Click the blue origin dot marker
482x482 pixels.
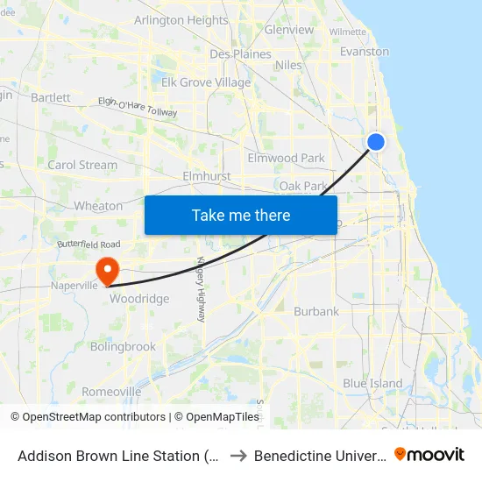click(x=376, y=142)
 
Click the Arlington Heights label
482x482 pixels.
click(x=181, y=20)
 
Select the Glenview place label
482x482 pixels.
click(x=288, y=30)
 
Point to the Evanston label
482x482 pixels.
click(x=364, y=52)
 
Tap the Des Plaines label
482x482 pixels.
click(x=240, y=54)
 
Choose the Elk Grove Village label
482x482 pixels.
click(x=205, y=83)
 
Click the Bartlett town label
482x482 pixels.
click(x=50, y=98)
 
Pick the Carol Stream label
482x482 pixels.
click(x=82, y=165)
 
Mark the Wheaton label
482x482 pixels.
click(x=98, y=206)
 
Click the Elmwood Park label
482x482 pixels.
click(x=286, y=159)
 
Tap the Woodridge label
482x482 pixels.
click(x=139, y=299)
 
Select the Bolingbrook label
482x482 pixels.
click(x=123, y=347)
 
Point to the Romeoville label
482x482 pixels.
click(x=111, y=392)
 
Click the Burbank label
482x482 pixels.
click(x=315, y=311)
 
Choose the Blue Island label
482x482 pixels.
click(x=372, y=384)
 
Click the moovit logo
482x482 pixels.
click(x=429, y=455)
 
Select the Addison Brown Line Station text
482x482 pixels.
click(x=119, y=456)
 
